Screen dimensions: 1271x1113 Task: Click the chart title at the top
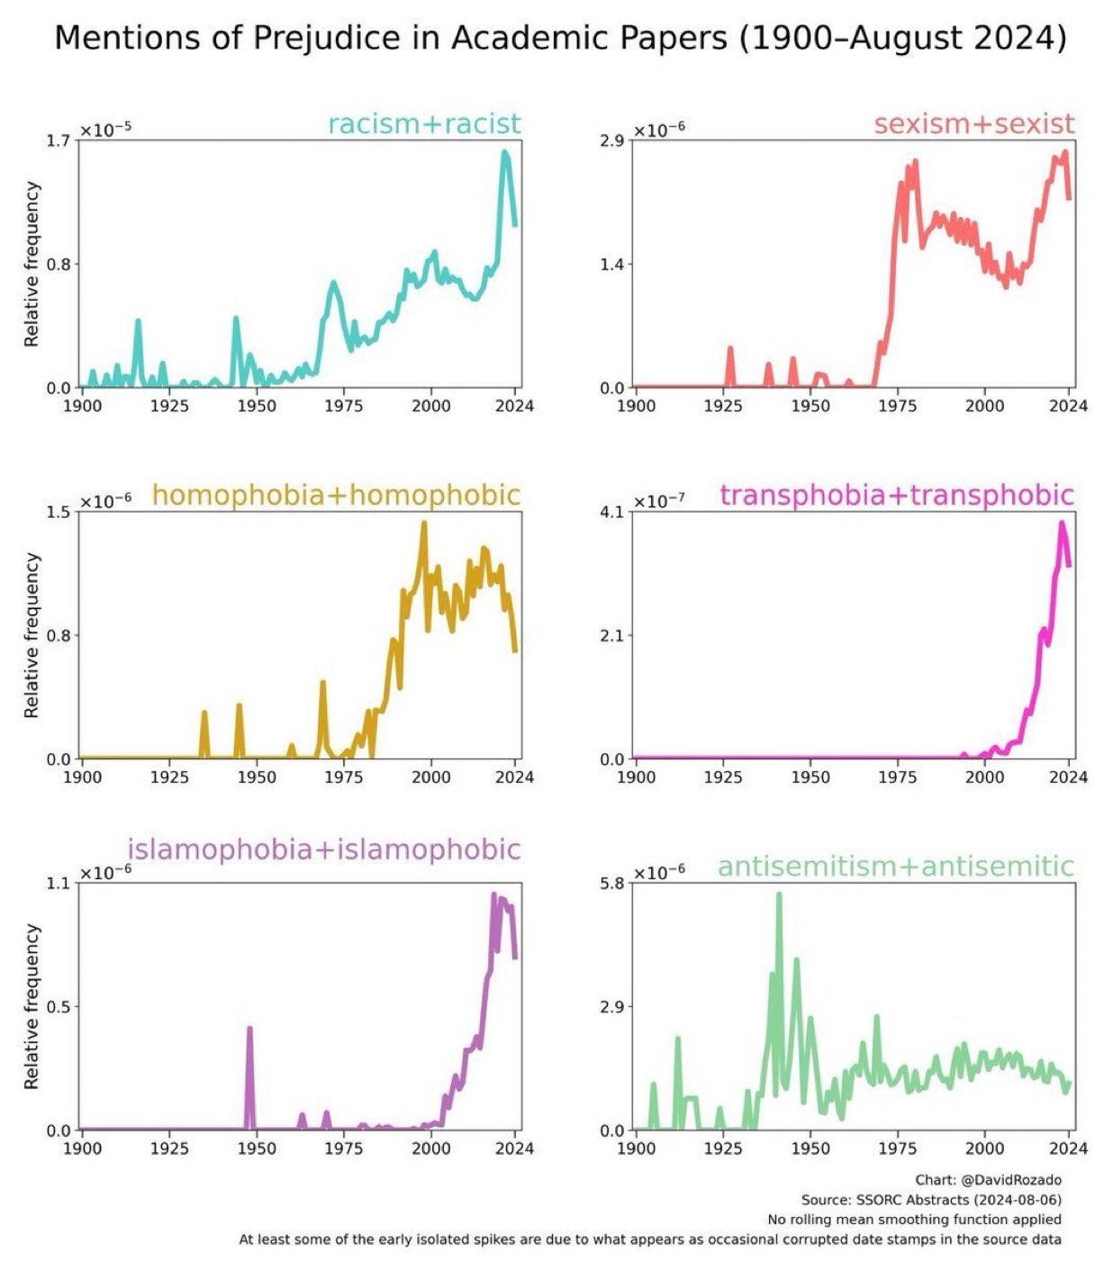point(560,38)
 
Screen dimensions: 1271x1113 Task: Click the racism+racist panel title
point(424,123)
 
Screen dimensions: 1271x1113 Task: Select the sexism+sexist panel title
point(973,123)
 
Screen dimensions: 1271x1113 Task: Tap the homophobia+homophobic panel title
point(336,495)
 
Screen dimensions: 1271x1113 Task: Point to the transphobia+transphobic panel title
point(897,495)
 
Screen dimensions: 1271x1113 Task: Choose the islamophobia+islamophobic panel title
point(324,849)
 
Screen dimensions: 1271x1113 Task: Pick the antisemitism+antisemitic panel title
point(896,866)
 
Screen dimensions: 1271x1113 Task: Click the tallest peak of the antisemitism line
point(779,894)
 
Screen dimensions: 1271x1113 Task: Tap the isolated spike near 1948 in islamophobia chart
point(249,1029)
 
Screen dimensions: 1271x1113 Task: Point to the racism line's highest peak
point(505,152)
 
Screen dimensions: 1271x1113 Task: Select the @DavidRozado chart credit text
point(988,1179)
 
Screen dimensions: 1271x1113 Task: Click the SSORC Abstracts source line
point(931,1199)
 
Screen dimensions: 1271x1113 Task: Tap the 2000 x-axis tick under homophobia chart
point(430,776)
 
